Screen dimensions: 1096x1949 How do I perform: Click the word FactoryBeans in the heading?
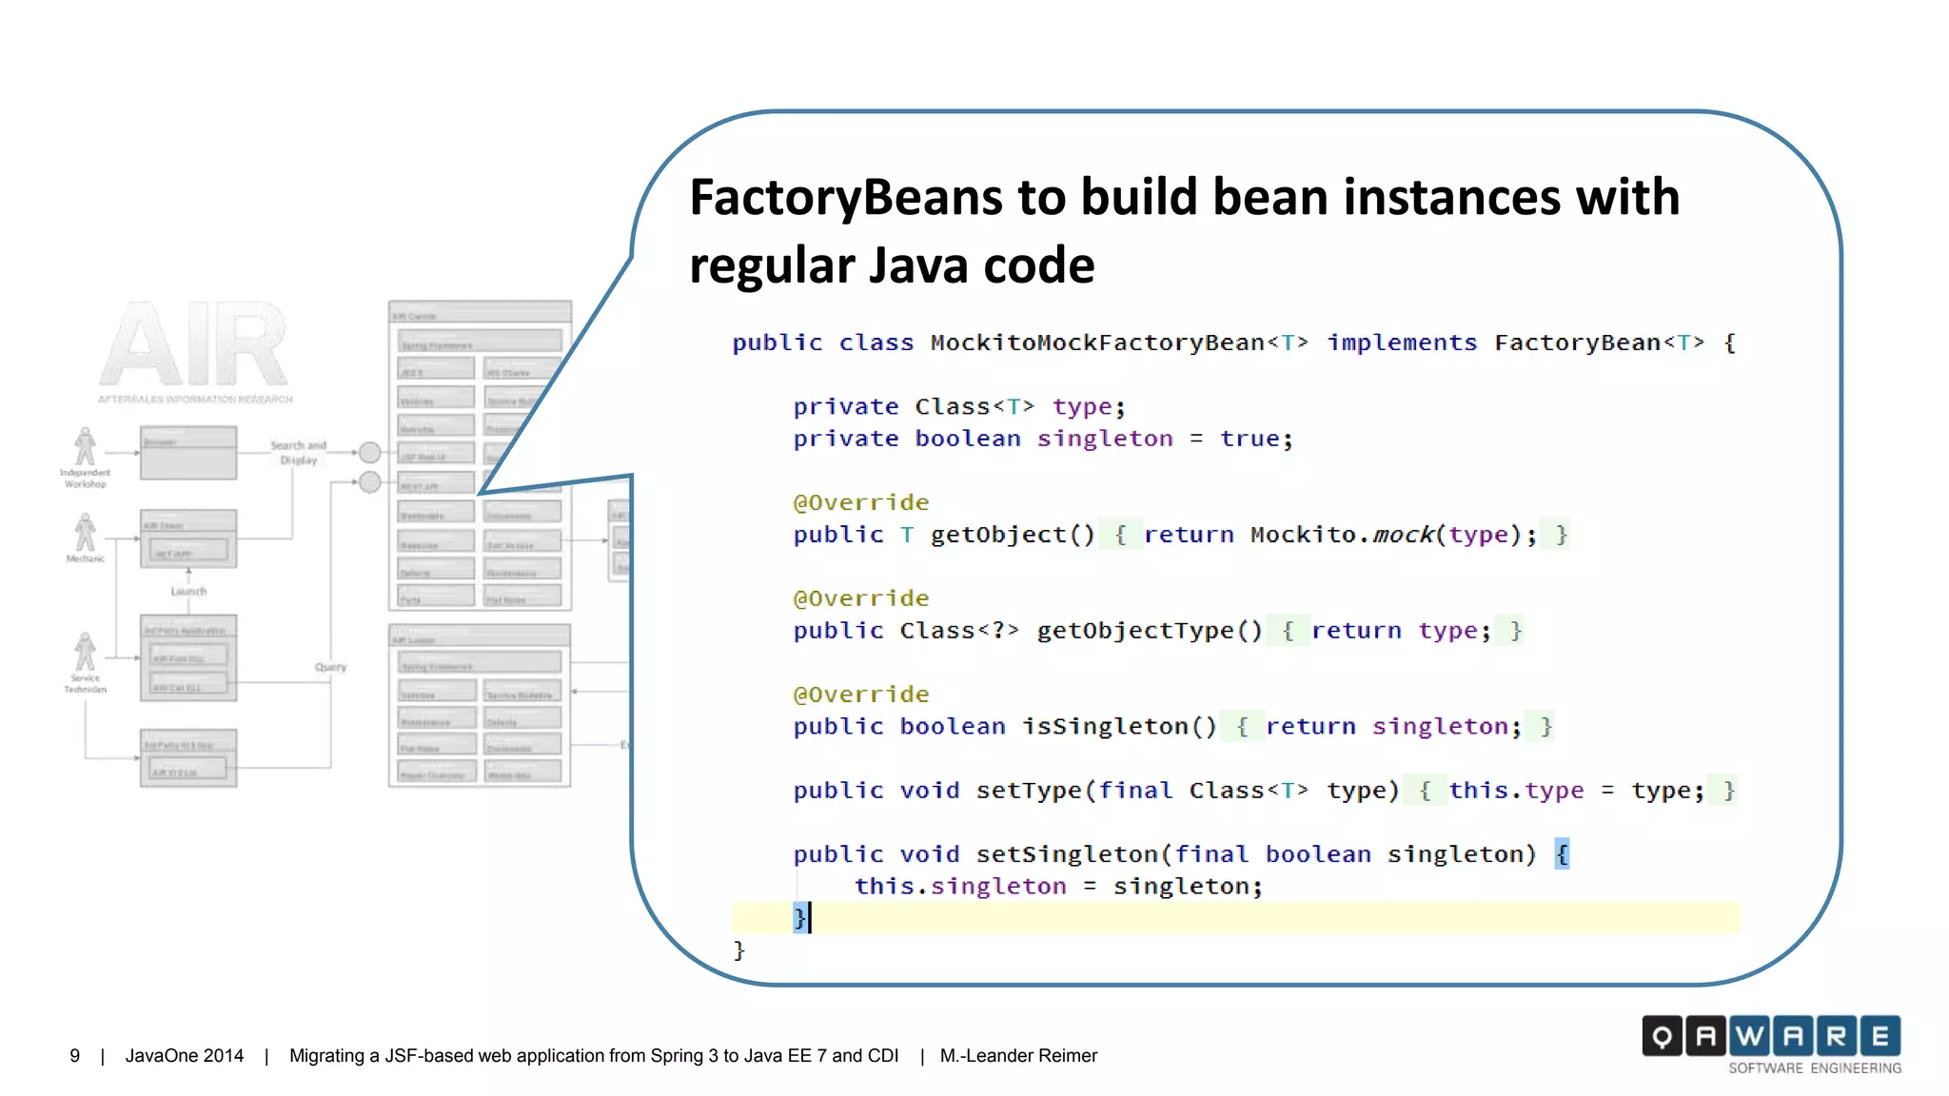point(845,198)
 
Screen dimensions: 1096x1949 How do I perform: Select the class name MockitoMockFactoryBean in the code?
point(1097,342)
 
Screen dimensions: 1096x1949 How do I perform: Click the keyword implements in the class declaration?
point(1402,342)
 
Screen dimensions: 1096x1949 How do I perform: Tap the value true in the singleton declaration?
point(1250,439)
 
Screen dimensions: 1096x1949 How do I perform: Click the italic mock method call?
point(1403,535)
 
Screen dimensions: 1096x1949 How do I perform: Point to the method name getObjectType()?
point(1150,631)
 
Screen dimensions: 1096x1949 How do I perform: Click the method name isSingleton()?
point(1119,727)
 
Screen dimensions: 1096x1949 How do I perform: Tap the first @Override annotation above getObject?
point(860,502)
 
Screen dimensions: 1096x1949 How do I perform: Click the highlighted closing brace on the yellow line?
point(799,918)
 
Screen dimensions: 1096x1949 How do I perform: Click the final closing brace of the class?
point(738,949)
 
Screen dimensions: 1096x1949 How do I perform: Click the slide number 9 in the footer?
point(75,1056)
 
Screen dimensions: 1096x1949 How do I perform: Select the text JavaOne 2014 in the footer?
point(185,1056)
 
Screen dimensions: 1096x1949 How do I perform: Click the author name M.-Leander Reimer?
point(1018,1056)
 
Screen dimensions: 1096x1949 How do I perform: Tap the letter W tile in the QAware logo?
point(1749,1036)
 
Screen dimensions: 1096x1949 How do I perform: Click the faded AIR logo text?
point(194,344)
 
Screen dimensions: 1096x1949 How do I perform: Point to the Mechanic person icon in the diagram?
point(85,533)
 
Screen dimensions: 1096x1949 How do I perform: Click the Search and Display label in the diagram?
point(298,452)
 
